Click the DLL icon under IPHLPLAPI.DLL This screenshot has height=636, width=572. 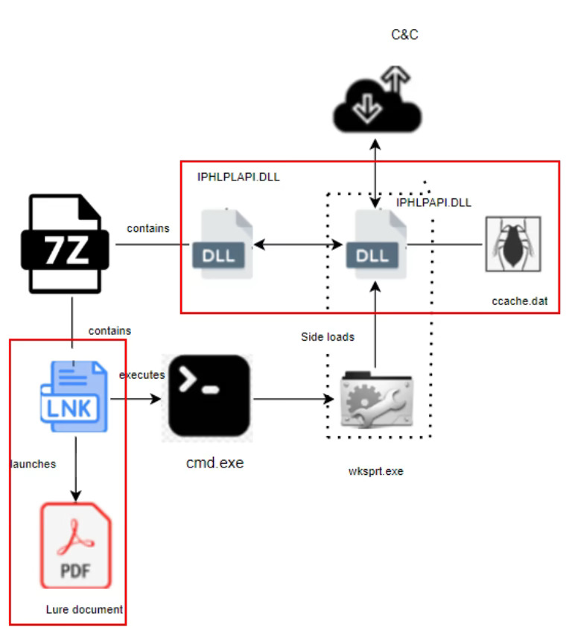click(221, 244)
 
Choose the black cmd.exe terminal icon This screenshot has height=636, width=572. click(209, 396)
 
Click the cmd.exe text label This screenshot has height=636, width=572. click(214, 462)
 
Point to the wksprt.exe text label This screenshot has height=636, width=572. click(375, 470)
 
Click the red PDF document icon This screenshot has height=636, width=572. click(75, 546)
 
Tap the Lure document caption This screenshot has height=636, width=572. click(84, 609)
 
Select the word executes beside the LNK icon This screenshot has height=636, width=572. click(142, 375)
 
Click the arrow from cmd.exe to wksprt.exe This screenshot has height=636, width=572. click(293, 400)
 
